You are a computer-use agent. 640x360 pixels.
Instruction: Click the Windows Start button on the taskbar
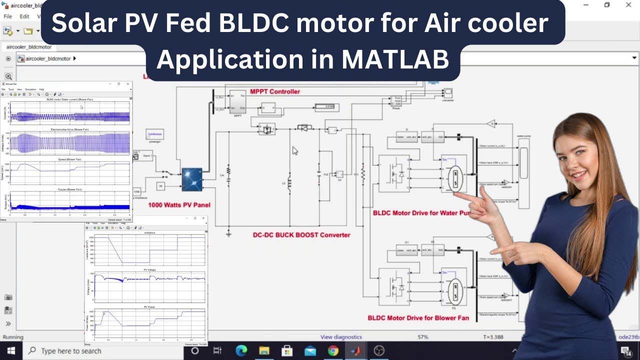pos(10,350)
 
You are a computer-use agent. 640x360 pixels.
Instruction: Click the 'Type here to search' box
pos(71,351)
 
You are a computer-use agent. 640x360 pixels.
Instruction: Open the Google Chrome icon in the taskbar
pos(333,351)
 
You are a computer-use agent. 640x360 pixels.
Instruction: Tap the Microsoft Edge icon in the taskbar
pos(241,351)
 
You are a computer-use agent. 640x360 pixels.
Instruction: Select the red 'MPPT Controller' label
pos(275,91)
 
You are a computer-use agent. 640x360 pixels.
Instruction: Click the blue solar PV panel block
pos(191,179)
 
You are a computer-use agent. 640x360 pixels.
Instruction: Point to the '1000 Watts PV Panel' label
pos(179,205)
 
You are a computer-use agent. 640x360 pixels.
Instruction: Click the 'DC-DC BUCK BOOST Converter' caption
pos(301,235)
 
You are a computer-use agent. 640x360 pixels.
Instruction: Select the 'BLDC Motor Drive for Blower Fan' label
pos(418,317)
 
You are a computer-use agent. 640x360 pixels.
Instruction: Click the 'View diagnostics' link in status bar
pos(341,337)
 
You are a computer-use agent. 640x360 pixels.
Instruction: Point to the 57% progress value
pos(423,337)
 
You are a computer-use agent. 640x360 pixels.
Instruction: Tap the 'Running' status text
pos(13,337)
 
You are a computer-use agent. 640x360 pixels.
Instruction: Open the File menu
pos(8,16)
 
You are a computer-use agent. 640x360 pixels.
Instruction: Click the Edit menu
pos(24,16)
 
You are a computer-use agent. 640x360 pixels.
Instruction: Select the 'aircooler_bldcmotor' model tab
pos(28,47)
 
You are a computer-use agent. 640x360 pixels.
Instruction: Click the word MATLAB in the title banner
pos(395,59)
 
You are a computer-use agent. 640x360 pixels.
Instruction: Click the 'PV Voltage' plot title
pos(149,270)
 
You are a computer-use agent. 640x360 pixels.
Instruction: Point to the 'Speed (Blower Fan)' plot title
pos(71,159)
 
